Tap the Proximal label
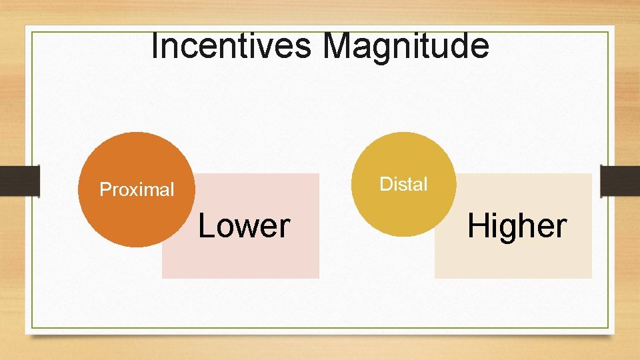(x=137, y=190)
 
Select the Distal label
(x=403, y=185)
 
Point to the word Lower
(x=244, y=226)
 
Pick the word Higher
(x=517, y=226)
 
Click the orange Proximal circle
(x=137, y=160)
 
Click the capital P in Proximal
(x=105, y=190)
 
